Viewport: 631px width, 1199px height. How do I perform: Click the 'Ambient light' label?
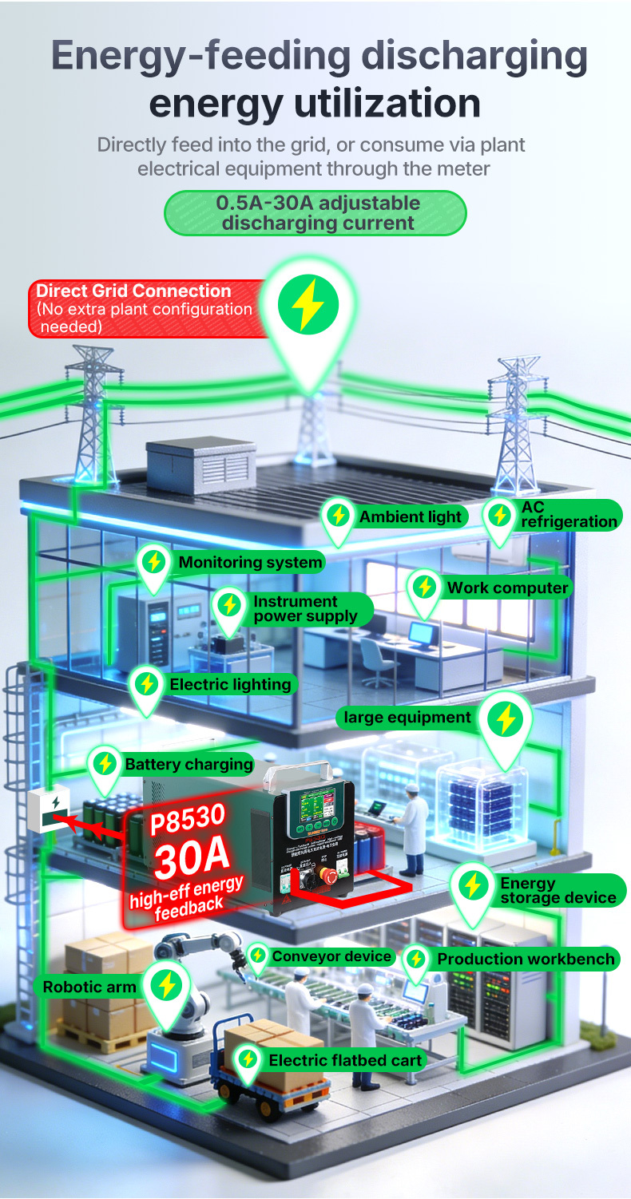click(x=410, y=516)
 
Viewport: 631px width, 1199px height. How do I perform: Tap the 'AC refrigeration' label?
click(x=569, y=515)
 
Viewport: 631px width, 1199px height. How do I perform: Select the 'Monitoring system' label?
click(x=249, y=562)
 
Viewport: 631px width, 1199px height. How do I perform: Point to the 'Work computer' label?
click(x=507, y=588)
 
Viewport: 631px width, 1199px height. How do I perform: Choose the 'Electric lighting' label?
click(x=230, y=684)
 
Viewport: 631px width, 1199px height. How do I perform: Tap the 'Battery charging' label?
click(x=189, y=764)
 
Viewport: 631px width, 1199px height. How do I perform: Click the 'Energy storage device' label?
click(x=558, y=890)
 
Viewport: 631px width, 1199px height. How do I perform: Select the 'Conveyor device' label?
click(x=331, y=956)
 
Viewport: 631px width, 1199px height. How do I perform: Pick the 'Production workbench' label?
click(x=526, y=959)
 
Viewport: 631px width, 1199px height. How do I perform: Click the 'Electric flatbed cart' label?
click(x=344, y=1060)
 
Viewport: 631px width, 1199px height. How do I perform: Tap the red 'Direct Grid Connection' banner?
click(x=148, y=308)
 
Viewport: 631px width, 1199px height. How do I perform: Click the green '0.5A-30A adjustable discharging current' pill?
click(x=315, y=212)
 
